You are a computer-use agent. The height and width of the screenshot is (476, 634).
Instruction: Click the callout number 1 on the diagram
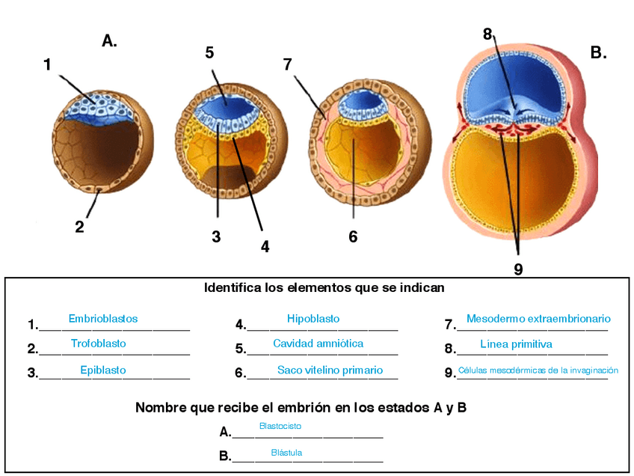47,65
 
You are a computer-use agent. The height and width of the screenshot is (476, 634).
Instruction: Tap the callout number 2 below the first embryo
80,227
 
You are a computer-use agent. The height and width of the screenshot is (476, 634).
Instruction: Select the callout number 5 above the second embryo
209,52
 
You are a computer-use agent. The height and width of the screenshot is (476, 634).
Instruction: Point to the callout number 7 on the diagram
288,64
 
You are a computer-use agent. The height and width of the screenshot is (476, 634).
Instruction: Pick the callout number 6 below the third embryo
353,237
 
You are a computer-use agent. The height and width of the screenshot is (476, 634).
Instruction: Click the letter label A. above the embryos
110,41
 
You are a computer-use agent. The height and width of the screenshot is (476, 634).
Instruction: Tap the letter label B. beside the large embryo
598,52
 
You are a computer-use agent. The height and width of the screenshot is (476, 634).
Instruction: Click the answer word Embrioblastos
103,319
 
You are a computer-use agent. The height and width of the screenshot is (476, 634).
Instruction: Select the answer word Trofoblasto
99,344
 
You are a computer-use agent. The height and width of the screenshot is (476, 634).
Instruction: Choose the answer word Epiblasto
103,370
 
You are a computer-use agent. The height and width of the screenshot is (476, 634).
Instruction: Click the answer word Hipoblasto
313,319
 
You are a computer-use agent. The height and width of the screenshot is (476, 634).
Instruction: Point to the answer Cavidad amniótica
318,344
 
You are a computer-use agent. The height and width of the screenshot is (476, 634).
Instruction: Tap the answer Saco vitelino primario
330,370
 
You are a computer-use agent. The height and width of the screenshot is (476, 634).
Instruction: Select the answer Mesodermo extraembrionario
538,319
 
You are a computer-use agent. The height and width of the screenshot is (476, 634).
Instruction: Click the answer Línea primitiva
516,344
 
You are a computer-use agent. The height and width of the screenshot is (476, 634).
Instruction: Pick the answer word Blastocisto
280,426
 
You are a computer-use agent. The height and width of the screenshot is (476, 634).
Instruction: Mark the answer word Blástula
286,453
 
